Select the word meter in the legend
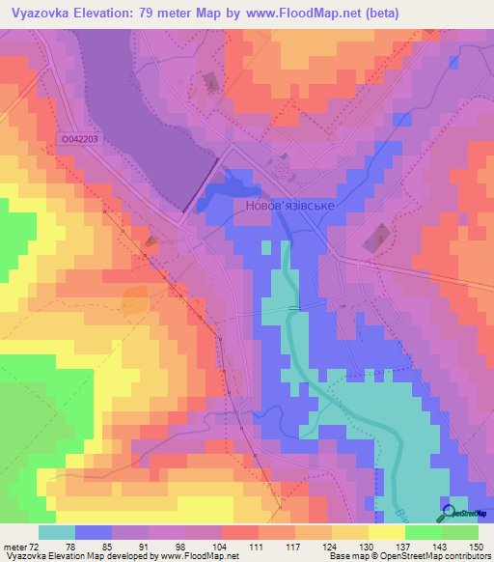[14, 547]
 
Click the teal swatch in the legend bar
[56, 532]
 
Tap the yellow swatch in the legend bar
[386, 532]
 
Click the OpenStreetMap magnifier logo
[450, 513]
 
